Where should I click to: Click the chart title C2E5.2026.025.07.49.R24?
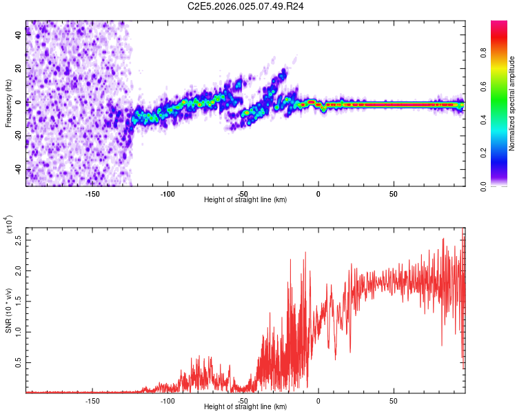[x=246, y=7]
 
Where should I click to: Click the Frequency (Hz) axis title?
[x=8, y=103]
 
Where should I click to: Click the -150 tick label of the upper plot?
[x=92, y=193]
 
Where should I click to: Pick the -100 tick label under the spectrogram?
[x=168, y=193]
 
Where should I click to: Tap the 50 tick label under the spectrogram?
[x=393, y=193]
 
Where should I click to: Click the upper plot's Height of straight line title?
[x=246, y=199]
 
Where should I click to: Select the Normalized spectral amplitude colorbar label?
[x=512, y=103]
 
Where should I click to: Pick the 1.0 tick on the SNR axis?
[x=19, y=331]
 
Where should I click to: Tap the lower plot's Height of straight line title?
[x=246, y=406]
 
